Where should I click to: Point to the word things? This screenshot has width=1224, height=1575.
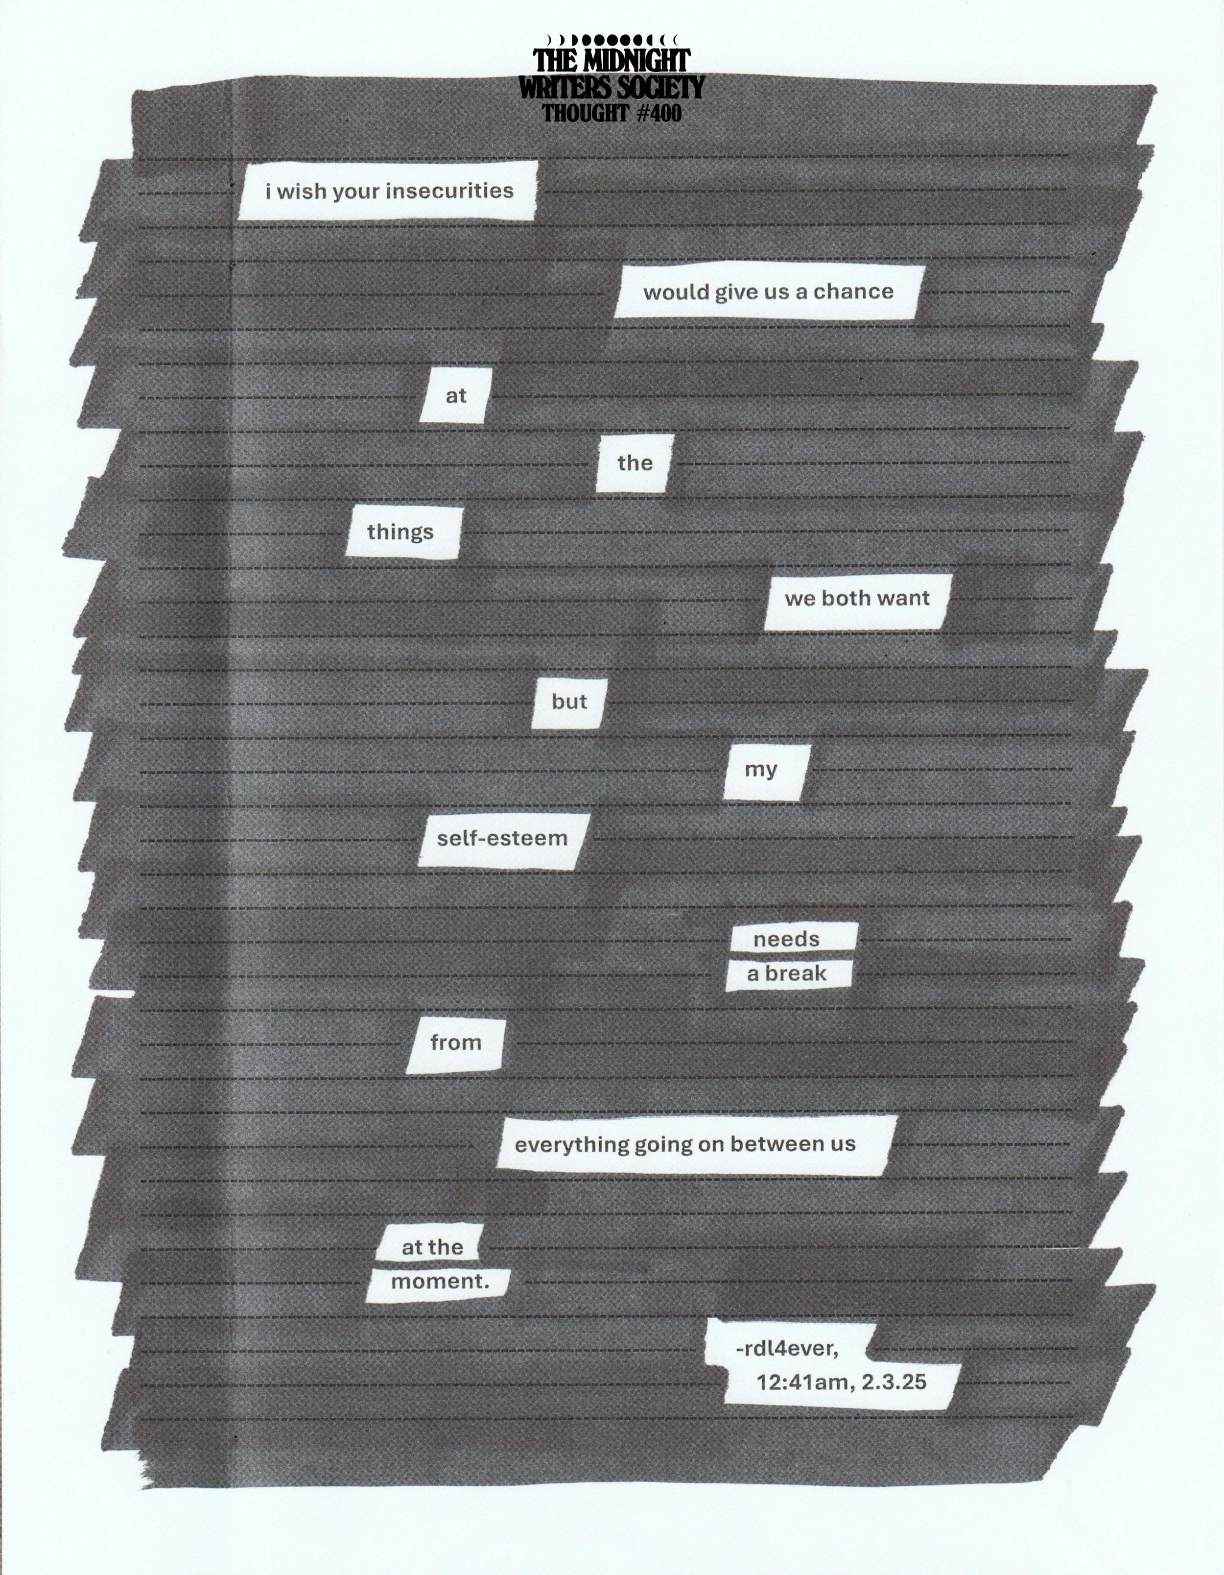click(400, 532)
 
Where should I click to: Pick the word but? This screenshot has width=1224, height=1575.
click(569, 702)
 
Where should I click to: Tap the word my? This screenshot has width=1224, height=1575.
click(760, 770)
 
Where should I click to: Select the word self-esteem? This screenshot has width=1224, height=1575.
click(502, 838)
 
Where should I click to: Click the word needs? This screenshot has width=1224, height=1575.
click(786, 940)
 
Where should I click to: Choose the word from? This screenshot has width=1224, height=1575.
click(456, 1043)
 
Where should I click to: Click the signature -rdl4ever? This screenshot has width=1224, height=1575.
click(787, 1348)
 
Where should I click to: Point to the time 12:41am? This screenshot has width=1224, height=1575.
click(795, 1382)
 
